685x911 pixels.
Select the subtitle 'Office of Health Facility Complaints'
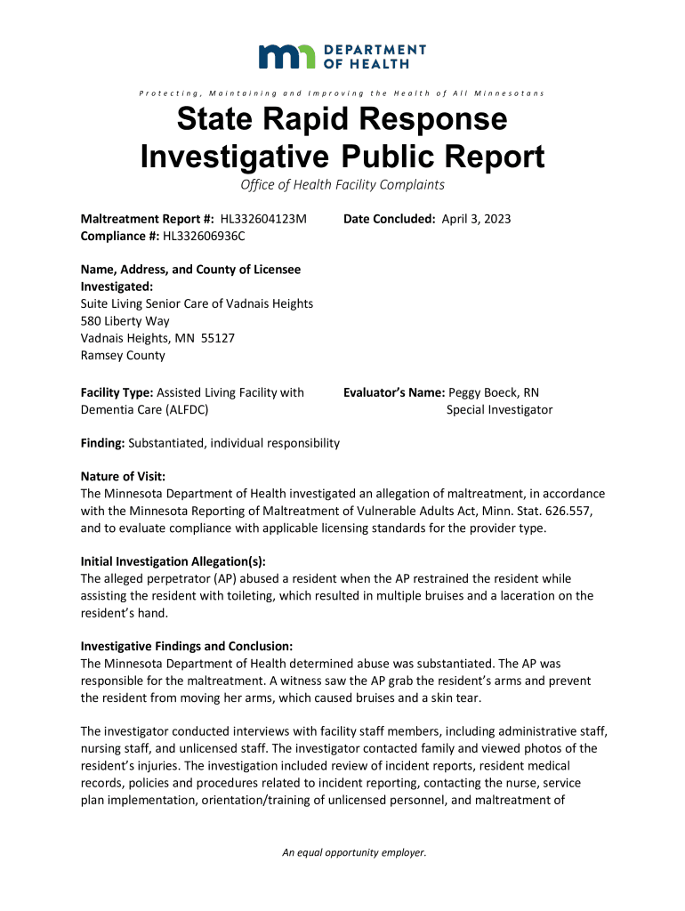[342, 185]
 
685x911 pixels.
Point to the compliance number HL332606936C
[203, 236]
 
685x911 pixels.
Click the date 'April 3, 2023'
[476, 219]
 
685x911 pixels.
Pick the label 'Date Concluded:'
[390, 219]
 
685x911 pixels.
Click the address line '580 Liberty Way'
[125, 321]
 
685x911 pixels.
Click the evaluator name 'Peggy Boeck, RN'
[494, 392]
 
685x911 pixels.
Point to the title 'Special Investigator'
[499, 410]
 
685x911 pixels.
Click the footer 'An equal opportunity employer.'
[354, 853]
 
